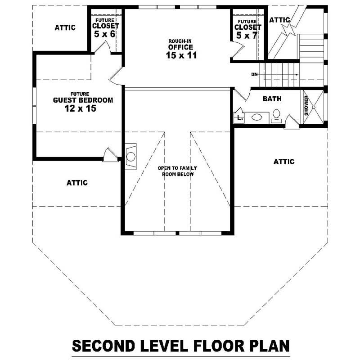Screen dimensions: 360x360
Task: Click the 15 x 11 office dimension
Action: click(x=181, y=55)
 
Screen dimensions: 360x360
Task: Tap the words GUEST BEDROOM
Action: click(x=83, y=100)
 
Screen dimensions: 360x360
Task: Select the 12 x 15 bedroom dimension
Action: click(x=80, y=108)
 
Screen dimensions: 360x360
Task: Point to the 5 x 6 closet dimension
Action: click(x=104, y=34)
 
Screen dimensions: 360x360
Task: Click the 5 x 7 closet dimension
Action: click(x=247, y=36)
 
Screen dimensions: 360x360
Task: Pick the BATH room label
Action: click(x=272, y=99)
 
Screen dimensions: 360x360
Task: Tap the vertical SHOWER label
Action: click(x=306, y=106)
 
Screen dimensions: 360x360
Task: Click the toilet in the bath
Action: click(x=276, y=116)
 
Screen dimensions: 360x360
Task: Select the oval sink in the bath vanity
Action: click(x=256, y=117)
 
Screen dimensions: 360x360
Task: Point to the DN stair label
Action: click(x=254, y=74)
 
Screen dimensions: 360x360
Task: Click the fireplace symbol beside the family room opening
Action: click(x=130, y=157)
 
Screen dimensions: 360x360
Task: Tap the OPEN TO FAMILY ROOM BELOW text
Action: click(x=177, y=171)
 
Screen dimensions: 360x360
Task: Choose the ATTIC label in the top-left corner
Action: click(x=65, y=28)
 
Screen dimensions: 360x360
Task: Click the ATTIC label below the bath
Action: click(x=284, y=162)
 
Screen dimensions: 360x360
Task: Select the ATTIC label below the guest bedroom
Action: click(x=77, y=183)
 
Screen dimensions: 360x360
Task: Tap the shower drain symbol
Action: click(x=313, y=107)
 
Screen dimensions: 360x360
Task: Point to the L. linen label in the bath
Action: click(x=240, y=118)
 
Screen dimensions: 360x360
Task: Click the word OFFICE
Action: click(x=181, y=47)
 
